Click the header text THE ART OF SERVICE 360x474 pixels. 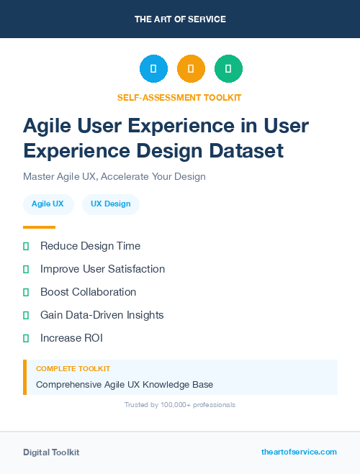pos(180,19)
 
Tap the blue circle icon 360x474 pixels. pos(153,69)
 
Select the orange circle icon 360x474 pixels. pos(191,69)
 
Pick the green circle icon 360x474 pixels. pos(228,69)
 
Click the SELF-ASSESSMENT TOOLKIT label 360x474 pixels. pos(179,97)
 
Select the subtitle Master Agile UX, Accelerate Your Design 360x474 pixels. pos(114,176)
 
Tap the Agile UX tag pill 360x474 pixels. pos(48,204)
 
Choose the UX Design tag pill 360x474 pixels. pos(110,204)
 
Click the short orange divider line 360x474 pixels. pos(39,227)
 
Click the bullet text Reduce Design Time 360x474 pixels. pos(90,246)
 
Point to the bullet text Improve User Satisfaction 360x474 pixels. pos(102,269)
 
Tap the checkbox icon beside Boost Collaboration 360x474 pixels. pos(26,292)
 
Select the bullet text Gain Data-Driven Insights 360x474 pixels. pos(102,315)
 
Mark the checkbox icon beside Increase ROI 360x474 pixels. pos(26,338)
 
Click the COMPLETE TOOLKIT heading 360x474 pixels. pos(73,368)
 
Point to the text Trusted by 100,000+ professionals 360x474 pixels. pos(179,405)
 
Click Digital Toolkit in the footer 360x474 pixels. pos(51,452)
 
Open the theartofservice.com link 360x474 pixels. pos(299,452)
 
